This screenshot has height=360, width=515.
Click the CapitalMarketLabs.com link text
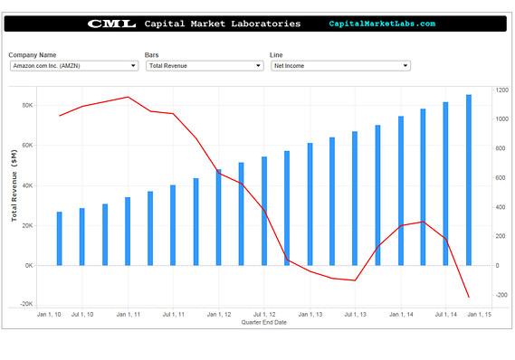pyautogui.click(x=381, y=24)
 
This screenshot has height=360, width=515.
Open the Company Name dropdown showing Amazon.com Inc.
pyautogui.click(x=73, y=66)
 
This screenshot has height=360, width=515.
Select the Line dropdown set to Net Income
pyautogui.click(x=339, y=66)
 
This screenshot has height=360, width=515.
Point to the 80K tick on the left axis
pyautogui.click(x=27, y=105)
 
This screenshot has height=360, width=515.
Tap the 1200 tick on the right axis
pyautogui.click(x=501, y=90)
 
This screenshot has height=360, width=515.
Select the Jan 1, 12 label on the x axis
pyautogui.click(x=218, y=315)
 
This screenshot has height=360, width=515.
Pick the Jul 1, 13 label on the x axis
pyautogui.click(x=353, y=315)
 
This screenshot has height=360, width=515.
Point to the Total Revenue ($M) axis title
pyautogui.click(x=14, y=186)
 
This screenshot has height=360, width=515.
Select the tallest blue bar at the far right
pyautogui.click(x=468, y=179)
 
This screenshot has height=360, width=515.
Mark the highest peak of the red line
pyautogui.click(x=129, y=97)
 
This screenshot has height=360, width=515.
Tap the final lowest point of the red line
pyautogui.click(x=468, y=297)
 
